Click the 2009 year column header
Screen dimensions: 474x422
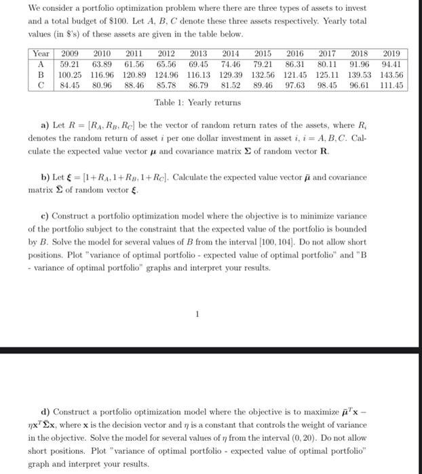point(70,53)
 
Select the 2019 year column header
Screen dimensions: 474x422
point(391,53)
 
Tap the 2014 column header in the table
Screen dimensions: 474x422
point(232,53)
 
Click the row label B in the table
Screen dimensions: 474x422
point(41,74)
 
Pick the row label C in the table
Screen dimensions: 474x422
point(41,85)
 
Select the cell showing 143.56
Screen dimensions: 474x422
point(391,74)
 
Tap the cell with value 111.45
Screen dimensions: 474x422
point(391,85)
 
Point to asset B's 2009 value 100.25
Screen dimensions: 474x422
point(70,74)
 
